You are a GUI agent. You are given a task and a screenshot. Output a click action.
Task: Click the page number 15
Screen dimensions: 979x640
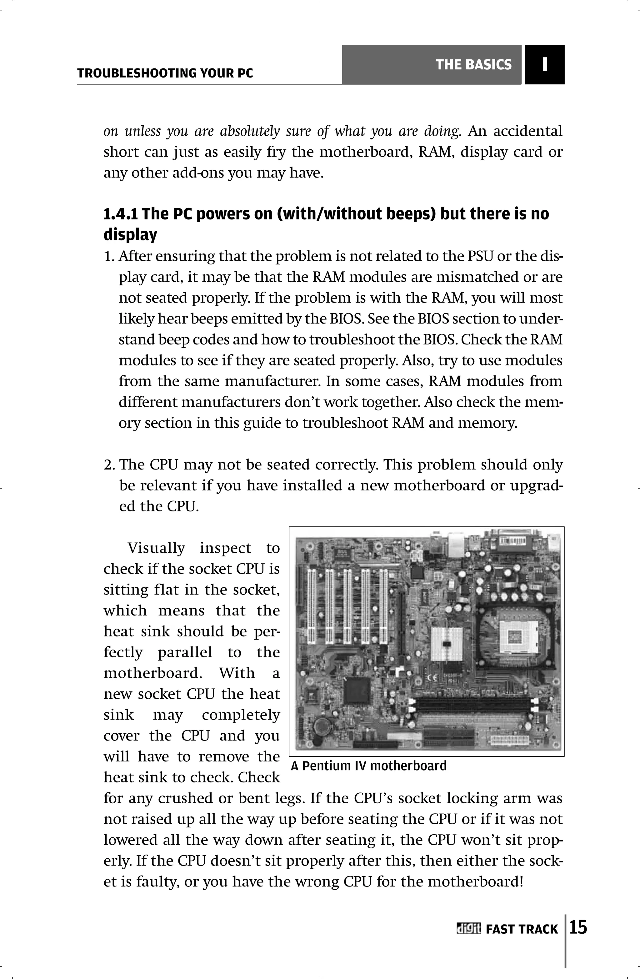coord(578,928)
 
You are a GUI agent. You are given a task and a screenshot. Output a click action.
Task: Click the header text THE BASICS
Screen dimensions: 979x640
coord(473,65)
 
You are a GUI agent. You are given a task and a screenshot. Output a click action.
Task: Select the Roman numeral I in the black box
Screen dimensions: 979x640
coord(545,65)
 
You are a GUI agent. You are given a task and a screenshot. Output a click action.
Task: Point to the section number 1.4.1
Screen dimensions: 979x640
coord(121,214)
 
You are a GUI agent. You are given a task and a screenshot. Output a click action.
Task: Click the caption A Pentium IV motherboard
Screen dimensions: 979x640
coord(368,766)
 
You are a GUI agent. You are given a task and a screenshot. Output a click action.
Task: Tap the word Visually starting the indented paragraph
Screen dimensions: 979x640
coord(156,548)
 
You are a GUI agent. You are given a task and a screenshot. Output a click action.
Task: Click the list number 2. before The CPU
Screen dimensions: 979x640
coord(109,465)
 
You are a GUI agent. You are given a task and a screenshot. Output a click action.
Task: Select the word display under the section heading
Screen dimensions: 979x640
coord(130,234)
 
